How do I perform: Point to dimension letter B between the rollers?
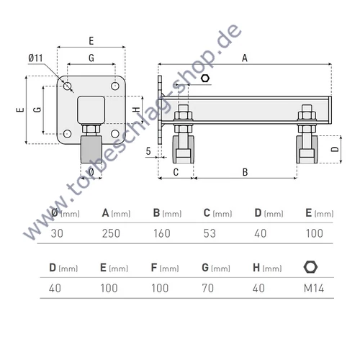click(245, 172)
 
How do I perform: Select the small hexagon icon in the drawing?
click(206, 78)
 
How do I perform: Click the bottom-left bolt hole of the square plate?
click(67, 133)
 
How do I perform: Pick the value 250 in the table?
click(111, 232)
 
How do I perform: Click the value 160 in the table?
click(162, 232)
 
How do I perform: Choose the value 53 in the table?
click(210, 232)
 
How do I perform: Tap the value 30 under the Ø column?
click(57, 232)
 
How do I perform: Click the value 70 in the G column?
click(209, 287)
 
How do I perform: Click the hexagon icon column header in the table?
click(310, 267)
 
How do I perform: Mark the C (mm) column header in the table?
click(217, 213)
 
